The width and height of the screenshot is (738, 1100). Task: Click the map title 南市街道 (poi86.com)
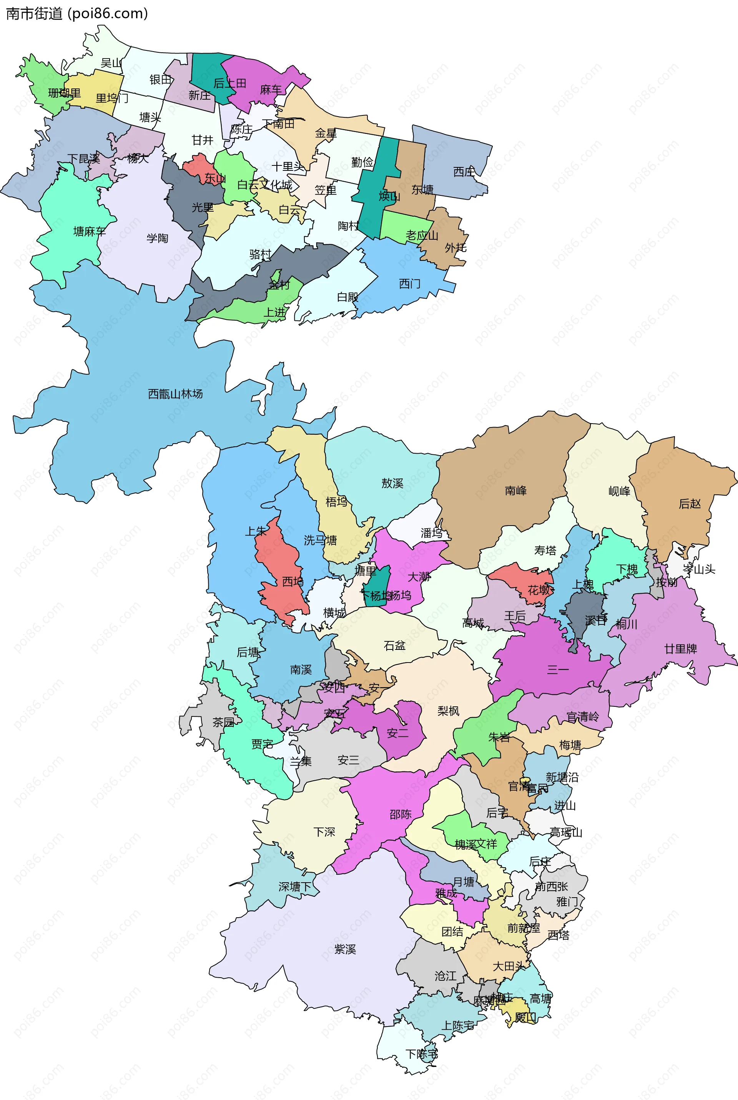77,13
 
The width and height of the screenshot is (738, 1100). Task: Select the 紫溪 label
345,949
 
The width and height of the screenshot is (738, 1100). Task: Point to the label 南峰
515,491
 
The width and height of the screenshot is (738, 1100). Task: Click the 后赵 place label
690,504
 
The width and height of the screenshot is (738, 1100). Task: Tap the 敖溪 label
392,483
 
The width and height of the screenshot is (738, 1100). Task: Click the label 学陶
157,238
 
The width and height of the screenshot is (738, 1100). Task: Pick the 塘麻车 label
90,231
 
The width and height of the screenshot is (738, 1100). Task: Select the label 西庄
464,172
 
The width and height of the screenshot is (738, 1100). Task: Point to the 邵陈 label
400,814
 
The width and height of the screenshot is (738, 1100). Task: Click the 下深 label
324,831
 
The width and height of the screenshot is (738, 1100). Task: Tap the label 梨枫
448,711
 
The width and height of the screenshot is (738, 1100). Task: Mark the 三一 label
558,669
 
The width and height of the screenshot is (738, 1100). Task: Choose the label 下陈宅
422,1054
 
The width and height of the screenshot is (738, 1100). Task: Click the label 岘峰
619,491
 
